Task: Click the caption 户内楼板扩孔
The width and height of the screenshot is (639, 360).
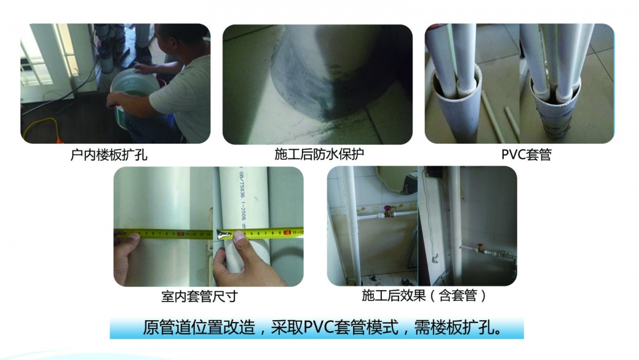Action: pos(109,156)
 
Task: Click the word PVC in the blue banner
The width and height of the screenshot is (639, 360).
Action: pos(318,327)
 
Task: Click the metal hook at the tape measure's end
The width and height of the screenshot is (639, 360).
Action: pos(219,233)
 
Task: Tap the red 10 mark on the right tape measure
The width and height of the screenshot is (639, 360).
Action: pos(288,232)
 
